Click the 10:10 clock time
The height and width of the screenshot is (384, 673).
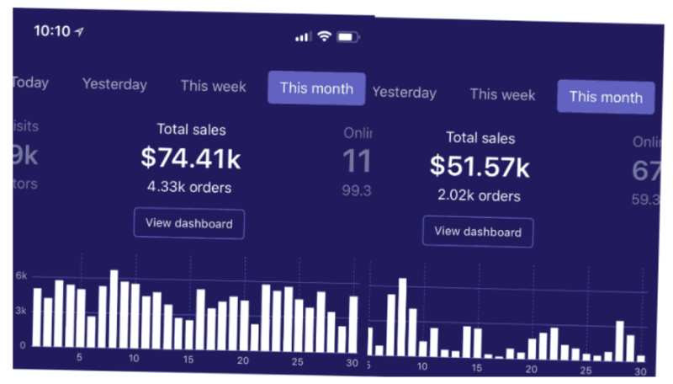coord(51,30)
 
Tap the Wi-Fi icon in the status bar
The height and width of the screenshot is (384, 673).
coord(324,36)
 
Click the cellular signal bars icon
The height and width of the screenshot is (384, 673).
coord(303,37)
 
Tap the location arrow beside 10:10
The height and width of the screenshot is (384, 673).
coord(79,31)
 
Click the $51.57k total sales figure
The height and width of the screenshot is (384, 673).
coord(480,167)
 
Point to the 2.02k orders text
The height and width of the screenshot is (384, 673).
coord(480,195)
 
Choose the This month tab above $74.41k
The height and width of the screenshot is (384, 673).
coord(316,88)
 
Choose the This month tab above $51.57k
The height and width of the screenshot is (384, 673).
coord(606,97)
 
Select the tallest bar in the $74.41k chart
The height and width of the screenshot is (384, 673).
coord(114,308)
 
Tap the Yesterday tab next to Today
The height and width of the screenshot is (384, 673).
coord(114,84)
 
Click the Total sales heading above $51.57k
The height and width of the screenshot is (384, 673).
coord(480,137)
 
